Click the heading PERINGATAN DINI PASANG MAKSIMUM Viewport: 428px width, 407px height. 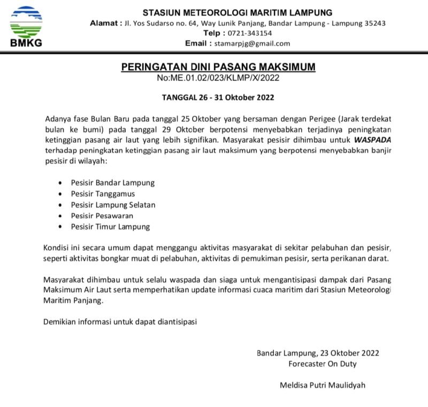(218, 67)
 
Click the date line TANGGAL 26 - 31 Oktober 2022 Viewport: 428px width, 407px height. (218, 98)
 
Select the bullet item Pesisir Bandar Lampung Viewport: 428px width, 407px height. (112, 182)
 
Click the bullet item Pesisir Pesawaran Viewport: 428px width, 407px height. (102, 216)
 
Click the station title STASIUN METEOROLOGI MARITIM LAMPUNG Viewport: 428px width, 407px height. (237, 12)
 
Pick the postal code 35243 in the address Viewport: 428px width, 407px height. (374, 23)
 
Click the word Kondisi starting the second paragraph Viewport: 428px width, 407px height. (58, 249)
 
